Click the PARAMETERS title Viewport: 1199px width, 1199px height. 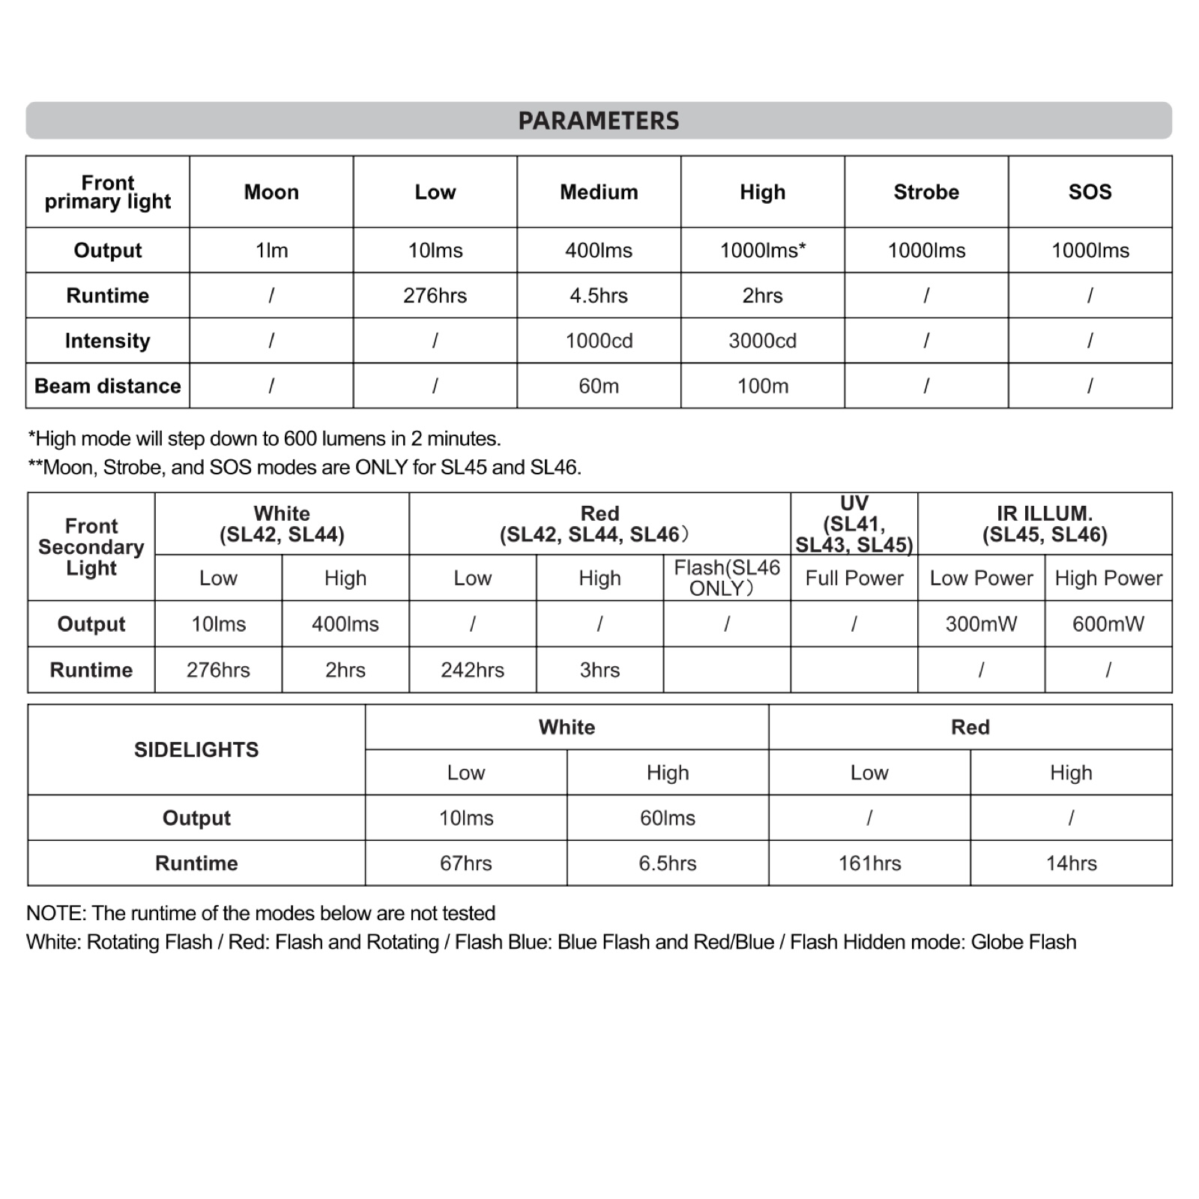(598, 121)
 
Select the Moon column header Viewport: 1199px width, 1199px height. (271, 192)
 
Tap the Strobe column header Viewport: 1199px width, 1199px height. (926, 192)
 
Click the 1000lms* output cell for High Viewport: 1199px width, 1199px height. (762, 250)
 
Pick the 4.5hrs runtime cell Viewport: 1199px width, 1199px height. (599, 295)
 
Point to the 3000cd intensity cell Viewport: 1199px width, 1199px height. (762, 341)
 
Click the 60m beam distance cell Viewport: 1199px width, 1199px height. (599, 386)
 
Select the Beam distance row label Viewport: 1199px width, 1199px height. (108, 386)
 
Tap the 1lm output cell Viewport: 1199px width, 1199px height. (271, 250)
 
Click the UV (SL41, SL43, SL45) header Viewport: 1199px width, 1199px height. (854, 524)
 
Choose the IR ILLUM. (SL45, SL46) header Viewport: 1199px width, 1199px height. (1045, 524)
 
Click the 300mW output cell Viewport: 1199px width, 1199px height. (981, 623)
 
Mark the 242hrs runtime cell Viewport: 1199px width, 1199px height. (472, 669)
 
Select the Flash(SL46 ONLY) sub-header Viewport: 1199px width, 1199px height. (727, 578)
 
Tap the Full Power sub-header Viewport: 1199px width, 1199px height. (854, 578)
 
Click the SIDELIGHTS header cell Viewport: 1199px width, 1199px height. (196, 749)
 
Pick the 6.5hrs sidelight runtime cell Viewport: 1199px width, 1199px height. (667, 863)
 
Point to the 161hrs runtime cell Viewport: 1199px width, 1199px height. (869, 863)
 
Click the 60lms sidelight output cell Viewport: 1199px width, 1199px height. (667, 818)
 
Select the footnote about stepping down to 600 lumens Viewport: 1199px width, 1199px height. (265, 438)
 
